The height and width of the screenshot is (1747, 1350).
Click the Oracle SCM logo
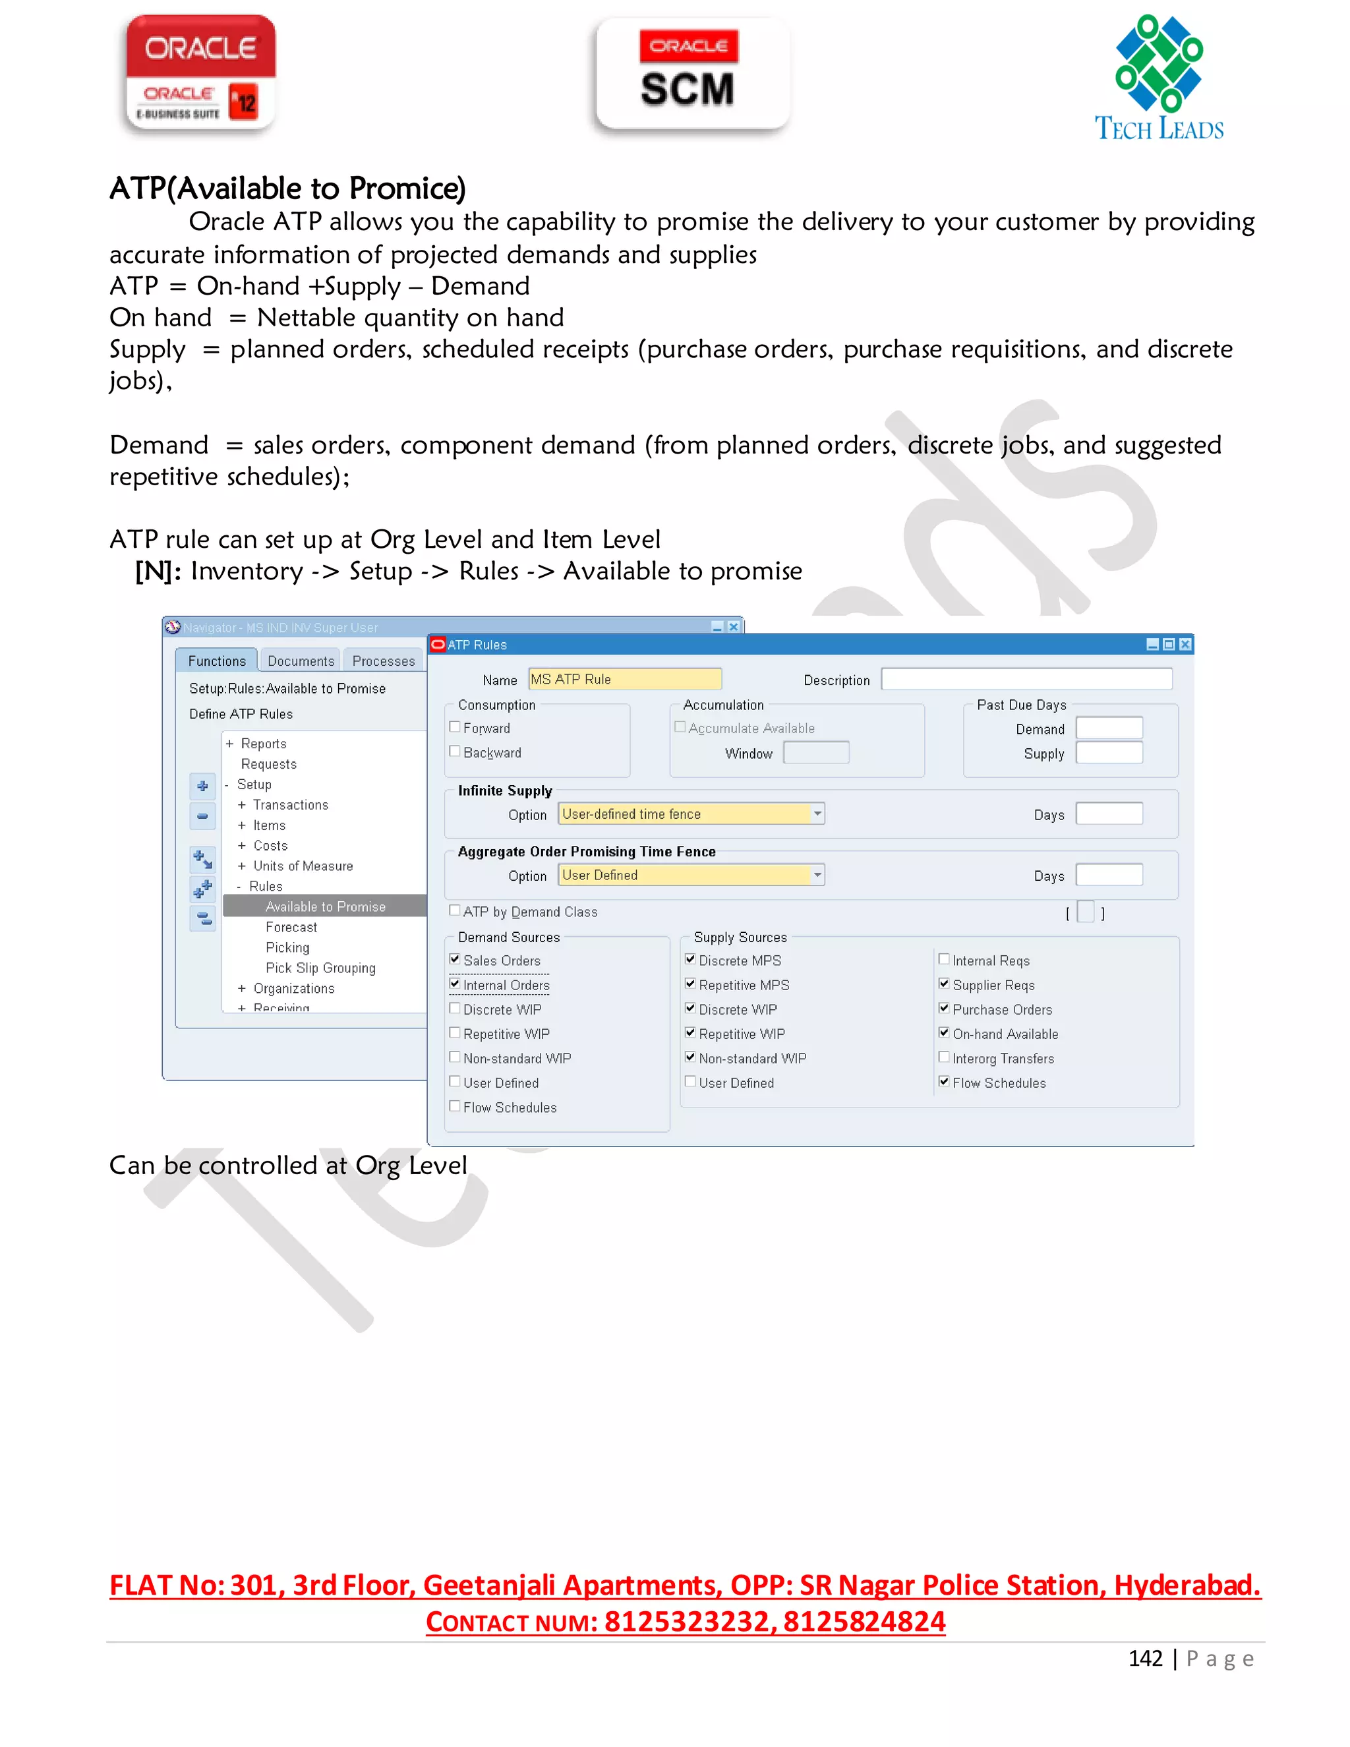click(x=693, y=74)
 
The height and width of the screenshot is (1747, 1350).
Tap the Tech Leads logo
click(x=1158, y=78)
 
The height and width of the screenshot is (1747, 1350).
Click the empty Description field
click(x=1026, y=679)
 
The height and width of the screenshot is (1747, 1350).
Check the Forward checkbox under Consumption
click(x=455, y=727)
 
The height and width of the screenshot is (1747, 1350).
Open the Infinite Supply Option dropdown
click(x=817, y=814)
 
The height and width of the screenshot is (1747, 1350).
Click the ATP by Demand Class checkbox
click(x=455, y=910)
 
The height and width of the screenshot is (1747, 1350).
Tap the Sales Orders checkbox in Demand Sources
click(x=455, y=959)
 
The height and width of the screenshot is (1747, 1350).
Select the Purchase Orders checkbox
click(x=945, y=1008)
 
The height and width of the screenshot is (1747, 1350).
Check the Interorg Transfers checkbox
click(x=945, y=1057)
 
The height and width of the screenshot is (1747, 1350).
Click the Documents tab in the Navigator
click(x=301, y=661)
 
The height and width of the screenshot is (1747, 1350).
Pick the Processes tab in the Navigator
click(x=383, y=661)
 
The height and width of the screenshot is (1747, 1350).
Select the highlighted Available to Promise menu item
click(x=325, y=906)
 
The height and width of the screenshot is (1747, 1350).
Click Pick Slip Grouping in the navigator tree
click(x=320, y=968)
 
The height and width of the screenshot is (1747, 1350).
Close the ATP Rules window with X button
click(x=1185, y=645)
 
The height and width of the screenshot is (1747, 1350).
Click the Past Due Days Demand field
click(x=1109, y=728)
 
